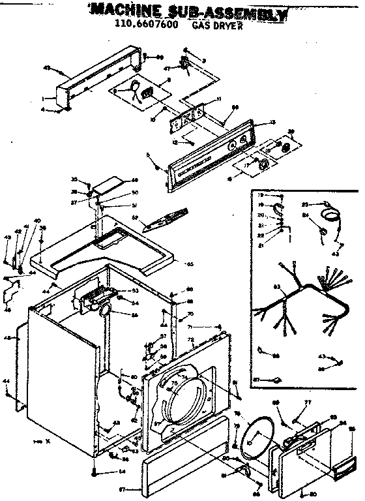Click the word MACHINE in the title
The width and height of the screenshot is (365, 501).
[120, 10]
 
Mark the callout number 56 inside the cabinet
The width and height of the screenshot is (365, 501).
[135, 315]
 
